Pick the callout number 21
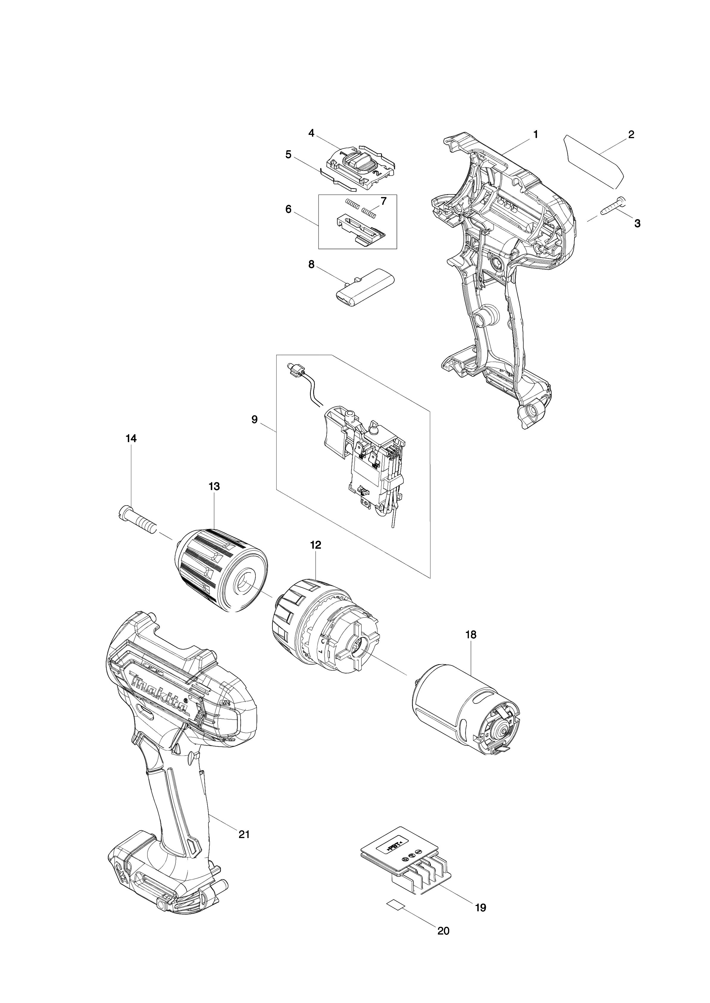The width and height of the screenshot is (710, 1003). coord(244,834)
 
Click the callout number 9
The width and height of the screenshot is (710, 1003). coord(255,420)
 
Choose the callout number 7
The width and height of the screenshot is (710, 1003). coord(383,201)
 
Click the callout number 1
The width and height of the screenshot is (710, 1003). coord(536,135)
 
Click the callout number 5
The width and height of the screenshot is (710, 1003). coord(288,154)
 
